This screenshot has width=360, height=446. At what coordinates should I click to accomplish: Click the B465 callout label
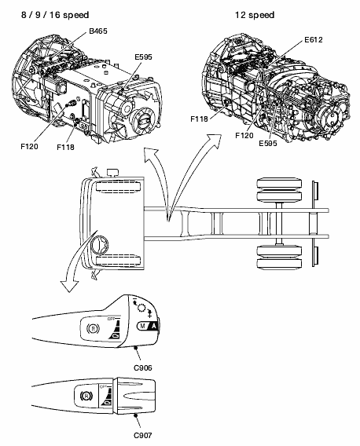point(98,31)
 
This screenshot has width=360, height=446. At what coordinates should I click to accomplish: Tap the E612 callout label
point(314,39)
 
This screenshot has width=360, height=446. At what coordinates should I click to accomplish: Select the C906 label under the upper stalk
point(143,367)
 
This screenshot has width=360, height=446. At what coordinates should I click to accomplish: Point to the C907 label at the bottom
point(143,435)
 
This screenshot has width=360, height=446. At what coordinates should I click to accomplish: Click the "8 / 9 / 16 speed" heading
point(55,15)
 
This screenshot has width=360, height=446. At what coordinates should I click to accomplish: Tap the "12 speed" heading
point(255,15)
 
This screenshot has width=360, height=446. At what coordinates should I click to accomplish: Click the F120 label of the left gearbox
point(29,147)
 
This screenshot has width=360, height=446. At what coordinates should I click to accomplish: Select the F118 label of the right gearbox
point(199,119)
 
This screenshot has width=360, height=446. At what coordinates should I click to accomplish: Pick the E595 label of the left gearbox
point(143,57)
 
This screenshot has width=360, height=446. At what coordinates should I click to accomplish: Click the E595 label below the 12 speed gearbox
point(268,144)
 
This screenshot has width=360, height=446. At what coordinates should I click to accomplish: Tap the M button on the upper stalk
point(143,326)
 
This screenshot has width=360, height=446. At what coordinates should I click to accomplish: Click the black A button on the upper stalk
point(154,326)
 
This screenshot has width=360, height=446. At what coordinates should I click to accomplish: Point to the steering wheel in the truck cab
point(99,244)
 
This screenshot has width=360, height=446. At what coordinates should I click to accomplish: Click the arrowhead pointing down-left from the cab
point(69,285)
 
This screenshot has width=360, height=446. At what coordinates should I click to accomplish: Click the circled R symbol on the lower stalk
point(86,396)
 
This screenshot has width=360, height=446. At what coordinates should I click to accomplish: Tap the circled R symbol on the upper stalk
point(93,329)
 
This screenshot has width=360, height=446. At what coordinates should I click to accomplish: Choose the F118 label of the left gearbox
point(65,147)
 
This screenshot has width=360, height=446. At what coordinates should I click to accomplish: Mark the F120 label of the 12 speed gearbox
point(244,135)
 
